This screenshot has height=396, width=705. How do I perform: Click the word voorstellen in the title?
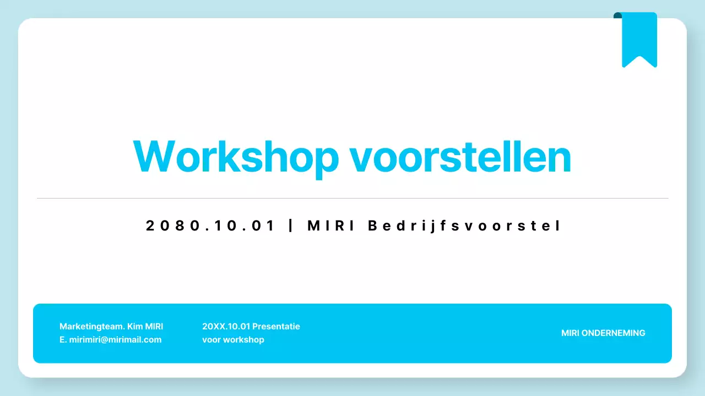[460, 157]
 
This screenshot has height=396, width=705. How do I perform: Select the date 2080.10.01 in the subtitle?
[210, 226]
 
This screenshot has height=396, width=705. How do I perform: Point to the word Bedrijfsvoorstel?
[464, 226]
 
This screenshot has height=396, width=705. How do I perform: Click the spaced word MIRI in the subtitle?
[331, 226]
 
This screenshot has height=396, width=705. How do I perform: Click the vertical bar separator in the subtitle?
[291, 226]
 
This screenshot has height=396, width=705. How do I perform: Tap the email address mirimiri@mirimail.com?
[115, 339]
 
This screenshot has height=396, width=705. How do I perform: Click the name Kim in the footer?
[135, 326]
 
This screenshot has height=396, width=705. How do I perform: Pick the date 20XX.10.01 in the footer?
[226, 326]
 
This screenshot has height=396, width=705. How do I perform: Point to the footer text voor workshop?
[233, 339]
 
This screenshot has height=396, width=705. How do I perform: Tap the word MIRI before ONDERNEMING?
[570, 333]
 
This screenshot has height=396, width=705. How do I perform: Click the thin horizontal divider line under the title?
[352, 198]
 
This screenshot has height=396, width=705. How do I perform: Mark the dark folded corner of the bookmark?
[617, 15]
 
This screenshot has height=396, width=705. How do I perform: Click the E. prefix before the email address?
[63, 339]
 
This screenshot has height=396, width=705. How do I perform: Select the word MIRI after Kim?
[154, 326]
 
